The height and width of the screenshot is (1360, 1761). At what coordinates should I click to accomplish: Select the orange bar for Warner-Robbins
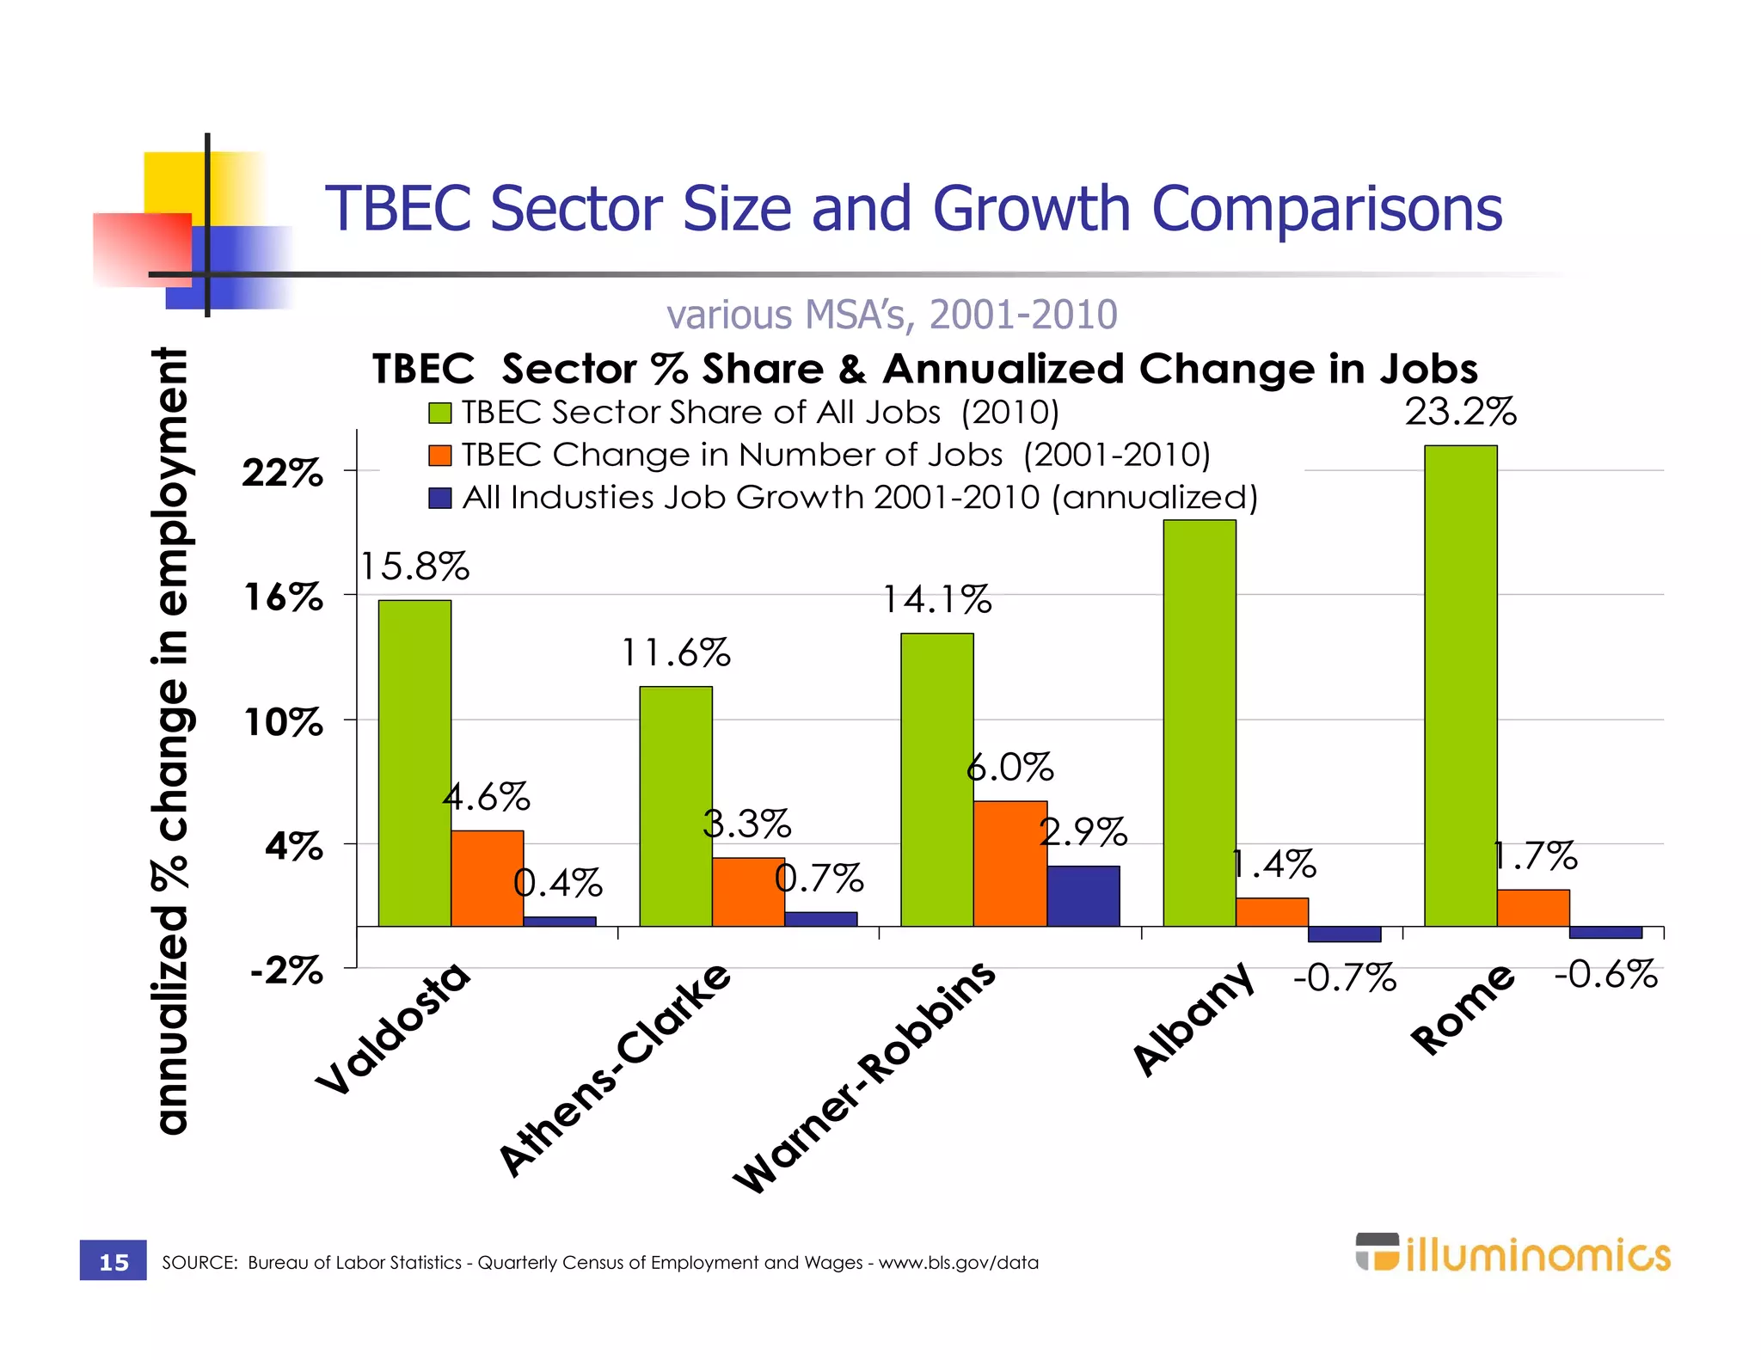tap(1009, 863)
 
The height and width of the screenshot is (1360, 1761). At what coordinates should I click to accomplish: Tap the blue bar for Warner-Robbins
tap(1083, 896)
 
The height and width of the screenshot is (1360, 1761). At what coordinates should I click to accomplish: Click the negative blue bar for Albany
tap(1344, 934)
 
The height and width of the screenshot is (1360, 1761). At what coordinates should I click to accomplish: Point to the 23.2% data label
tap(1460, 412)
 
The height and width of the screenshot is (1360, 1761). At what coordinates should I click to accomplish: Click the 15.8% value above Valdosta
tap(414, 567)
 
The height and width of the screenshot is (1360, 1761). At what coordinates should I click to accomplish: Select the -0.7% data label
tap(1345, 977)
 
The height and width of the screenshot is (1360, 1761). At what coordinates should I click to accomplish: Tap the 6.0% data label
tap(1009, 767)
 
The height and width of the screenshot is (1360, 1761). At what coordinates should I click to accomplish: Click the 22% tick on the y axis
tap(283, 473)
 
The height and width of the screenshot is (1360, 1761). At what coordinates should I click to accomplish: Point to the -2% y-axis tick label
tap(286, 971)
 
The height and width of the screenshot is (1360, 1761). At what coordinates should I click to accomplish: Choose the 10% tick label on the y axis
tap(284, 722)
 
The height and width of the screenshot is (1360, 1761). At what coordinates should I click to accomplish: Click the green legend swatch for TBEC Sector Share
tap(440, 414)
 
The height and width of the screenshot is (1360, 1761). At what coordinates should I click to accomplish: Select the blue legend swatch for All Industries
tap(440, 498)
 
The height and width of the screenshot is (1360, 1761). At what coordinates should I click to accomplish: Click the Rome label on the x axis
tap(1462, 1009)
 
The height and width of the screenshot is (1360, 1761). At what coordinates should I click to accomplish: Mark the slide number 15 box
tap(114, 1261)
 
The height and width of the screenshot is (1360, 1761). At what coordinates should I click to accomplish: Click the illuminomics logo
tap(1512, 1254)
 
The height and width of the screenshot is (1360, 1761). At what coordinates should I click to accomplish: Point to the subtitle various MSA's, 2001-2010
tap(892, 315)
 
